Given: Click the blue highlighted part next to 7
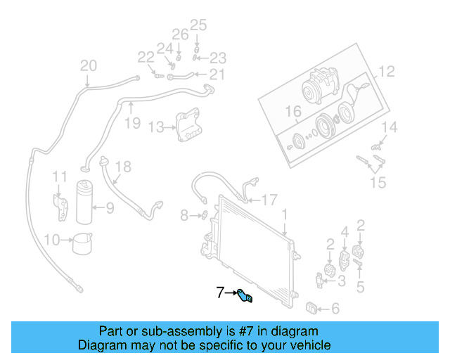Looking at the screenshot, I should [x=246, y=296].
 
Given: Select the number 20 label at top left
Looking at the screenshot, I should [x=88, y=66].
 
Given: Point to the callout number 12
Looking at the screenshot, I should [x=387, y=71].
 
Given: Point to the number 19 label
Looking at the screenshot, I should [x=132, y=124].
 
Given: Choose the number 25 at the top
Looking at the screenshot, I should [x=198, y=26].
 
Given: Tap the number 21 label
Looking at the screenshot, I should [x=217, y=75].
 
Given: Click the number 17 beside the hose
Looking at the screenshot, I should [x=270, y=199].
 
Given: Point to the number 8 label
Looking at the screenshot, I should [x=184, y=216].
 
